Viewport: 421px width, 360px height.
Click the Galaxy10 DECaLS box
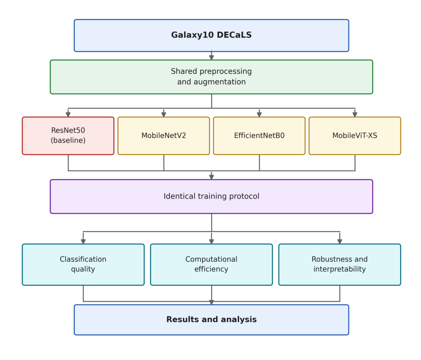point(212,35)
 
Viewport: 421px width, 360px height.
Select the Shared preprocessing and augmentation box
point(212,77)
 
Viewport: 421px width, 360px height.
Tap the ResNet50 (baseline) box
point(68,136)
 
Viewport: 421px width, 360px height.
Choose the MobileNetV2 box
point(164,136)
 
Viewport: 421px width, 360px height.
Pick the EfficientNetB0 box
point(259,136)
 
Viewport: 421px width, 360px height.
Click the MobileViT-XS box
point(355,136)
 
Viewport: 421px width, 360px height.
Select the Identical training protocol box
point(212,197)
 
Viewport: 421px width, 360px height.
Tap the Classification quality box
point(83,265)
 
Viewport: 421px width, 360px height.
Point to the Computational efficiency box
point(212,265)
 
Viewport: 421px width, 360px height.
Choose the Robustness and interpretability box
point(340,265)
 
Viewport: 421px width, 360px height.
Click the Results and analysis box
point(212,320)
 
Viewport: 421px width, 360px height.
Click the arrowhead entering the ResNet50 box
point(68,115)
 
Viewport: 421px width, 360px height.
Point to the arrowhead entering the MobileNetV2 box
point(164,115)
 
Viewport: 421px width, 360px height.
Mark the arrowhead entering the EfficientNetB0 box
point(259,115)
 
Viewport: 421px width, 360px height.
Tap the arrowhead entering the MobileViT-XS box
point(355,115)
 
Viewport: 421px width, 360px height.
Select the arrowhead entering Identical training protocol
point(212,177)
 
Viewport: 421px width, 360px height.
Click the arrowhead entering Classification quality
point(83,241)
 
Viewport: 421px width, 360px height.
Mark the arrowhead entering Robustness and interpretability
point(340,241)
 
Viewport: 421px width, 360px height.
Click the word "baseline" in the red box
point(68,140)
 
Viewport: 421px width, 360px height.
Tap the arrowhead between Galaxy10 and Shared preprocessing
point(212,57)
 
